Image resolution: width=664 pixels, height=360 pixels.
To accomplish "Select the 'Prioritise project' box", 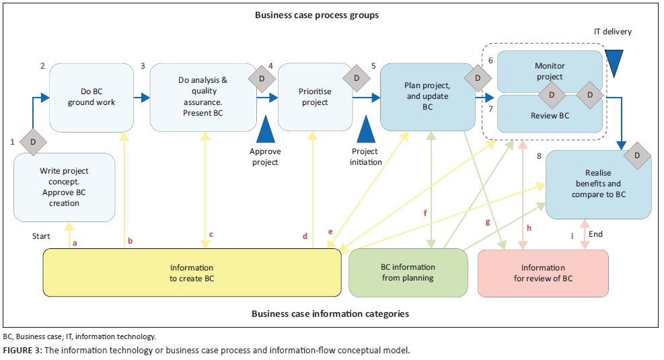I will click(x=315, y=98).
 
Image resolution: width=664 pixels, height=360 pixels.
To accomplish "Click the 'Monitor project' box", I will click(x=549, y=71).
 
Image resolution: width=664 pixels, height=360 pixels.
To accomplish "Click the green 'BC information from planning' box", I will click(x=408, y=273).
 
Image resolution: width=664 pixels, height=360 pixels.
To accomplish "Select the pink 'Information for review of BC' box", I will click(x=542, y=273).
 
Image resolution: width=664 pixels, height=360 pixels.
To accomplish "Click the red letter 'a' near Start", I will click(x=75, y=242).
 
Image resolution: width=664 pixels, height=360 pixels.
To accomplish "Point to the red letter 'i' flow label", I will click(x=572, y=236).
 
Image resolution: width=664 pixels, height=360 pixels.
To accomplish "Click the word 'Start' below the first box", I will click(x=42, y=236).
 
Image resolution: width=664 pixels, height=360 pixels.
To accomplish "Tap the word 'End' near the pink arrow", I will click(x=595, y=234).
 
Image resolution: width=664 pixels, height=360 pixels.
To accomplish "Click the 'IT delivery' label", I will click(x=613, y=32).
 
